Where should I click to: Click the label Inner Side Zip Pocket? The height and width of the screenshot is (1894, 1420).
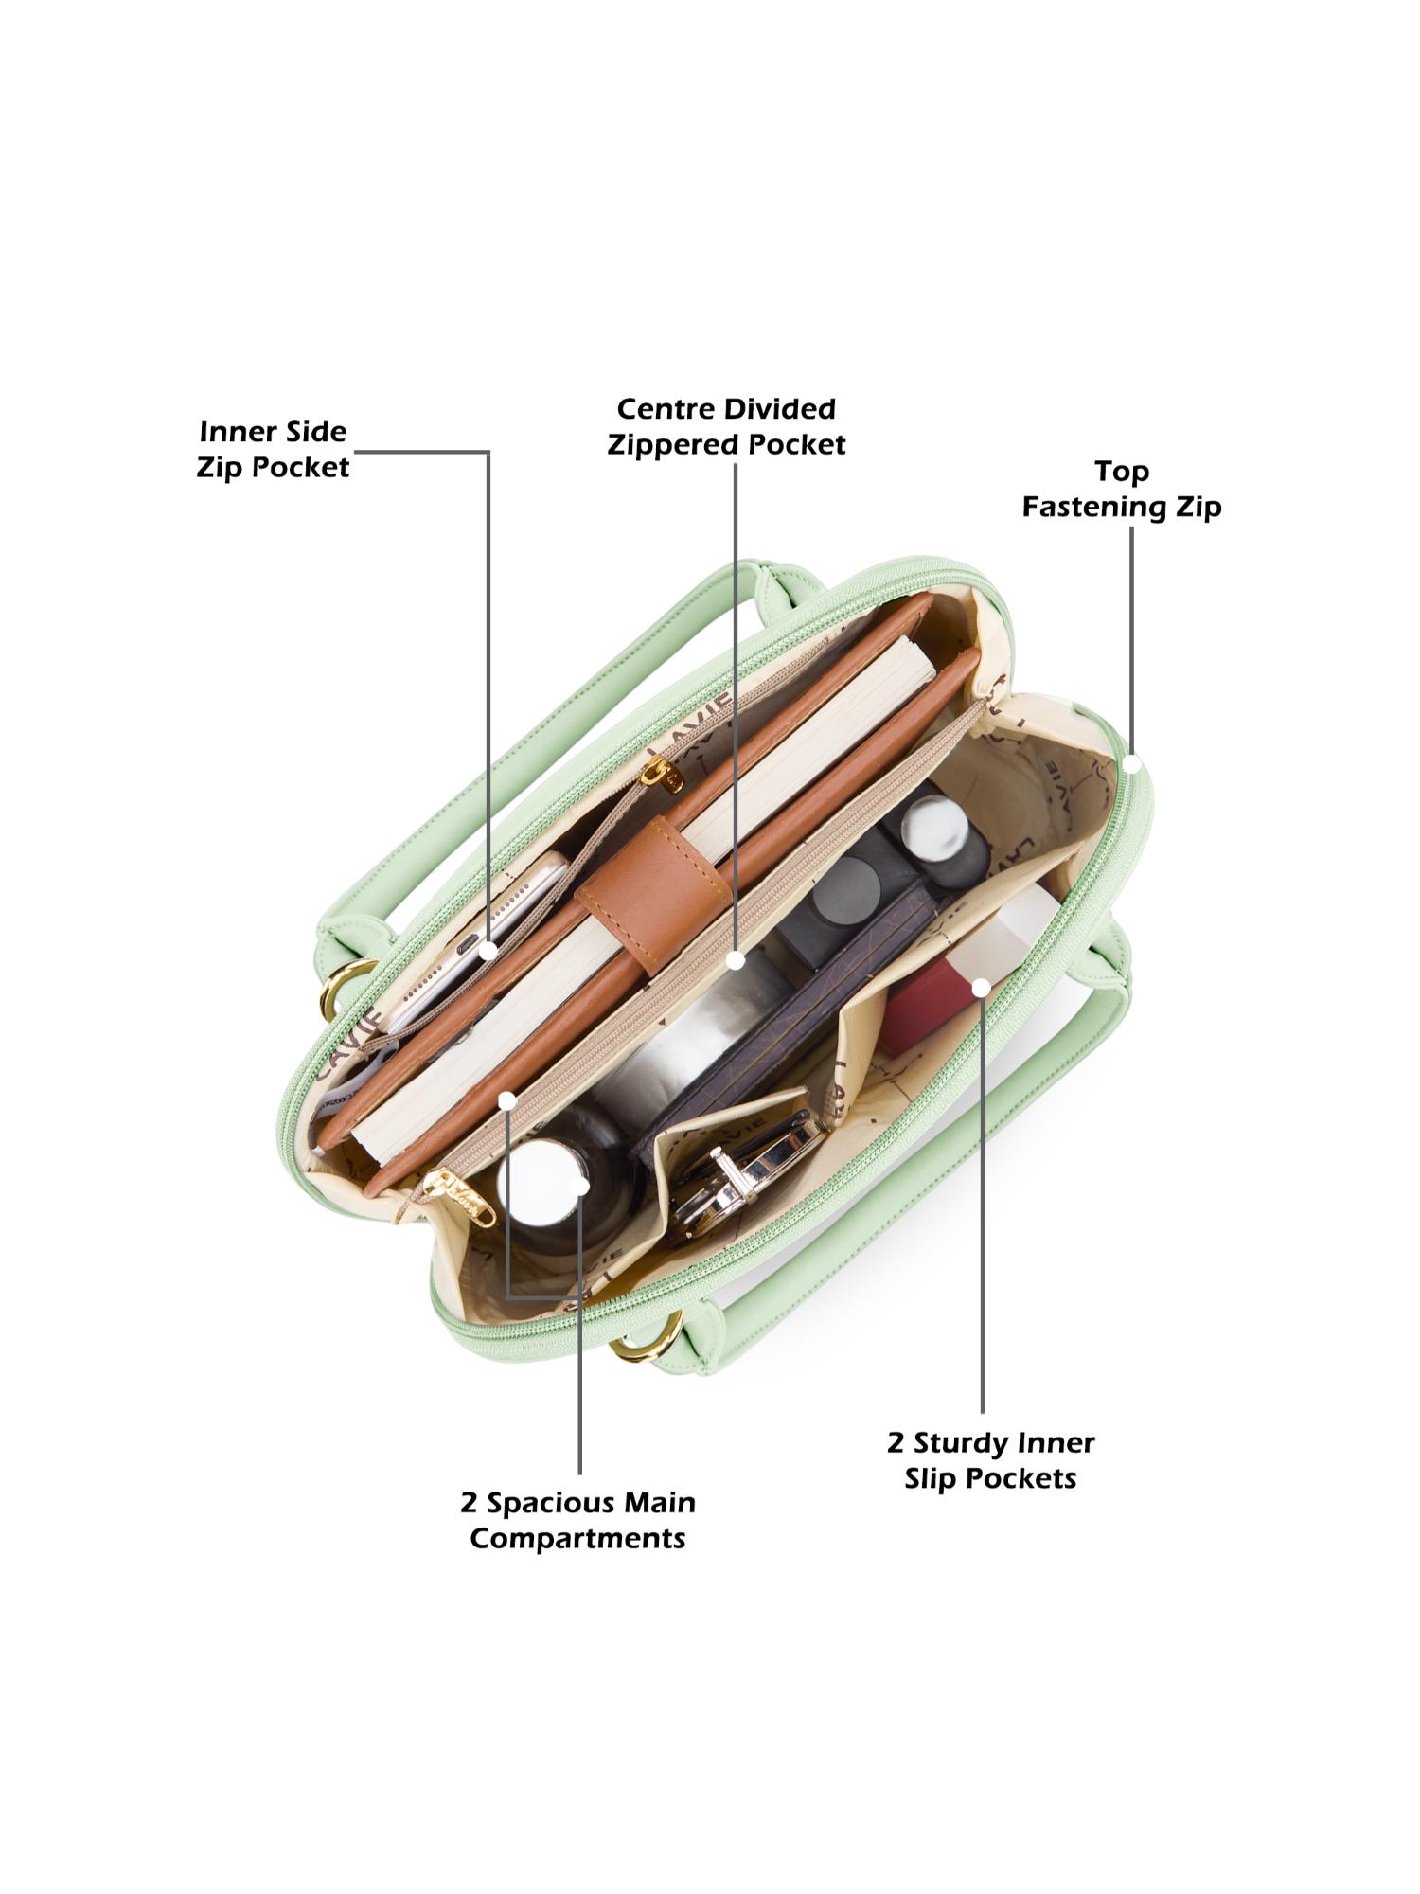coord(274,450)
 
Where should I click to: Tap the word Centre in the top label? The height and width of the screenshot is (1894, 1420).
coord(661,409)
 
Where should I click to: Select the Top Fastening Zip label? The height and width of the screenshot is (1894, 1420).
coord(1122,489)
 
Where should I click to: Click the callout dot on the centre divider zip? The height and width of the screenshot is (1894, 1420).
coord(736,960)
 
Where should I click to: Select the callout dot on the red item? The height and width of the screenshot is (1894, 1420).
coord(982,988)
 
